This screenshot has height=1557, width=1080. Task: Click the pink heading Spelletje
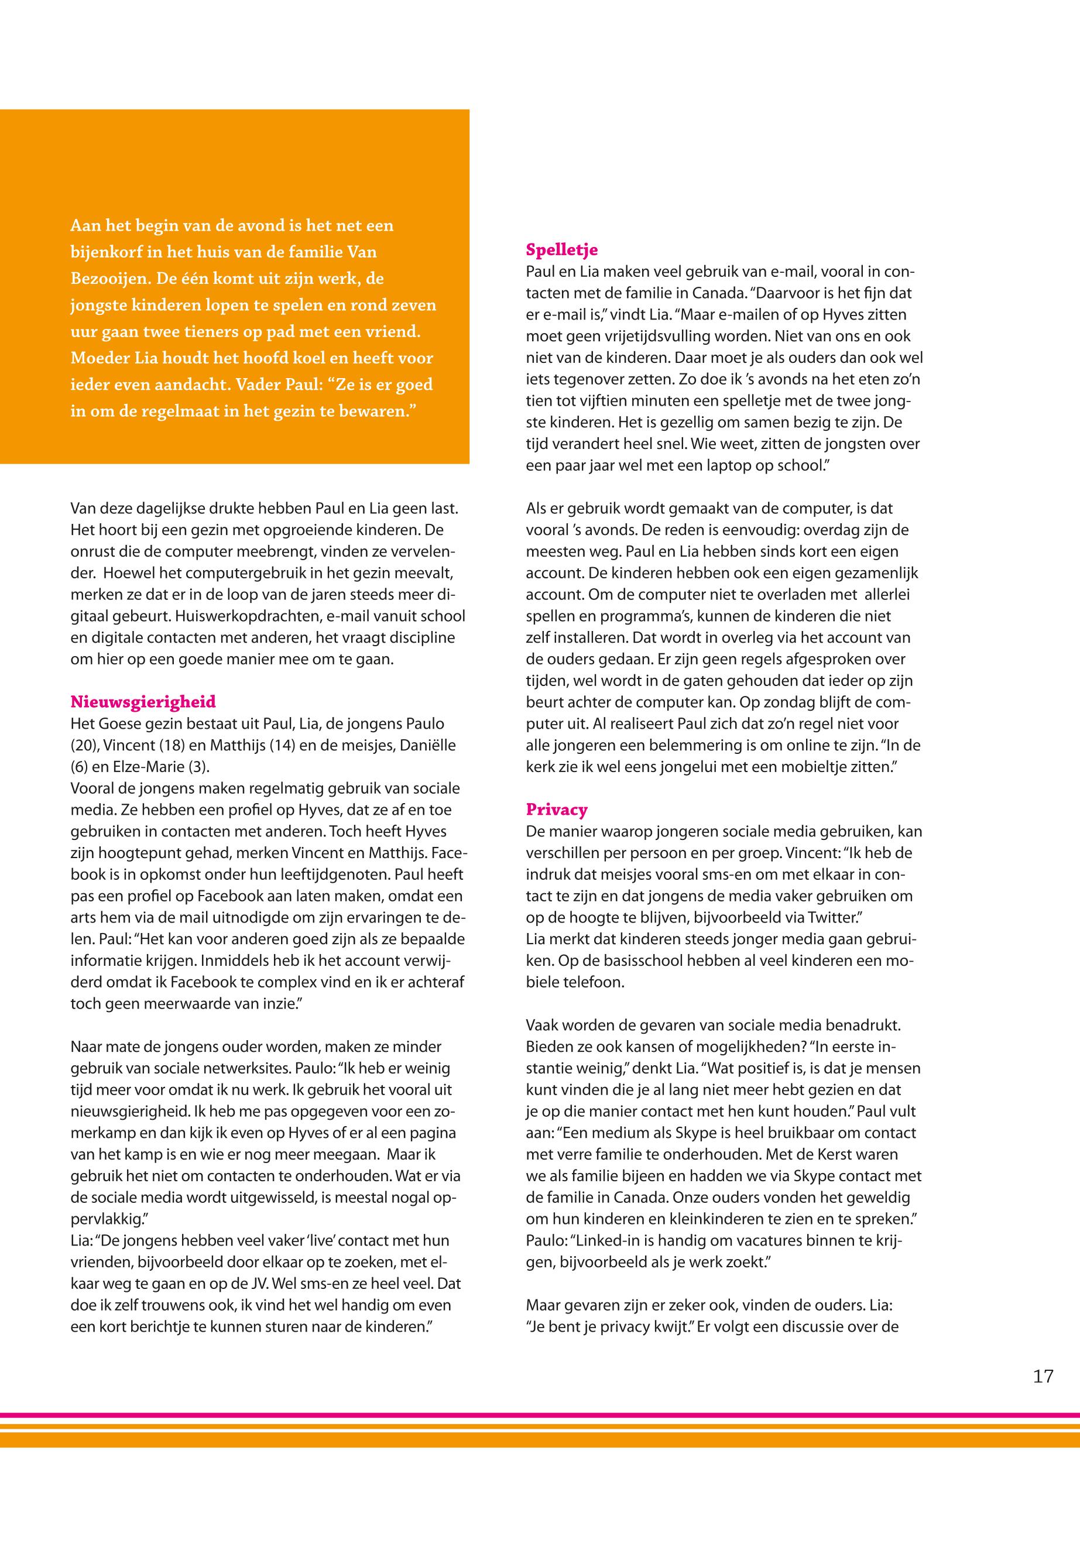(561, 251)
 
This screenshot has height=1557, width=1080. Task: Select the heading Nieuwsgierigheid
(143, 702)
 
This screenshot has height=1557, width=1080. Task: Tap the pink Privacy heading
(557, 810)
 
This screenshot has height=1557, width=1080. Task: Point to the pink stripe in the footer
(540, 1415)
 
